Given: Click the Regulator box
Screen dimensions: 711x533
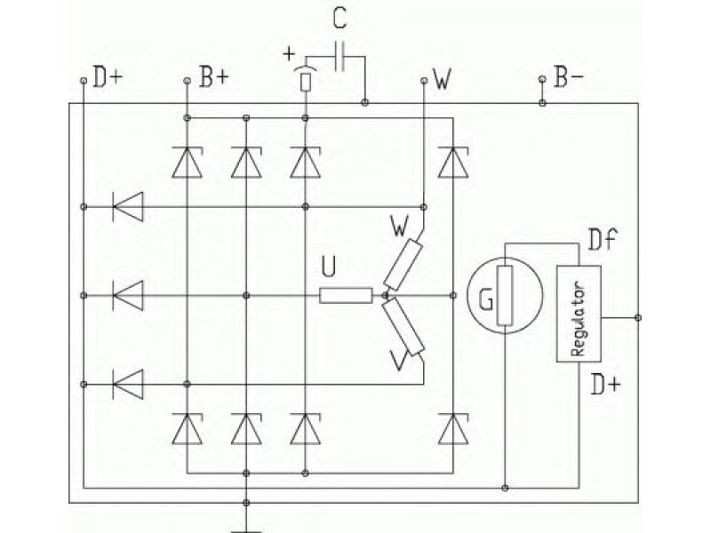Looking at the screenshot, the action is tap(579, 314).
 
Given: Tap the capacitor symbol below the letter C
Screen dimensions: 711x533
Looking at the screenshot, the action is tap(340, 57).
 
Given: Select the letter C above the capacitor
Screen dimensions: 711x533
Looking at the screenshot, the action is tap(340, 19).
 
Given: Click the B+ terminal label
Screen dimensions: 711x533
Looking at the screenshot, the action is tap(214, 76).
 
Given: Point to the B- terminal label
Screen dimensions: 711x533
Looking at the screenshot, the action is tap(569, 76).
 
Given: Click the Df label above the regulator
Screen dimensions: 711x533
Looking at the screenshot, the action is tap(603, 240).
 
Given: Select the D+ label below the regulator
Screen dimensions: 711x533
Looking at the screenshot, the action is tap(605, 385).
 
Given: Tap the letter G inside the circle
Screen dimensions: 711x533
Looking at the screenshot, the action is tap(486, 299).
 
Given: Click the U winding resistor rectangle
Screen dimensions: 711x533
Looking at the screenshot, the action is tap(346, 296).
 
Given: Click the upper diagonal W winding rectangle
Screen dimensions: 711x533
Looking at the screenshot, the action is tap(403, 265).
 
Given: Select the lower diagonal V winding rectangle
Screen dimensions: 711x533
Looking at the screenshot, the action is tap(403, 327).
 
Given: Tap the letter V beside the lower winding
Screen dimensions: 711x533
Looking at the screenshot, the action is tap(398, 362).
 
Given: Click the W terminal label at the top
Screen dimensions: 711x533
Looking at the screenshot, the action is tap(442, 79).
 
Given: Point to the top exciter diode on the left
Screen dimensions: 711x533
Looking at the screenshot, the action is tap(128, 207).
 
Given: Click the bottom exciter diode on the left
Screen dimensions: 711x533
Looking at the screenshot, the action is tap(128, 385).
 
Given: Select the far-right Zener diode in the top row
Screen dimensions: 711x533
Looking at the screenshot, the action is tap(453, 162).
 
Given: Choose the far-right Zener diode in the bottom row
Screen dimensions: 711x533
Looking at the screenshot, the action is tap(453, 428).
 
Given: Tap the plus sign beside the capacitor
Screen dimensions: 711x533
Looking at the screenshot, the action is tap(288, 54).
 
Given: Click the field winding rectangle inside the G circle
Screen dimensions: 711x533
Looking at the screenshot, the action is tap(505, 296).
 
